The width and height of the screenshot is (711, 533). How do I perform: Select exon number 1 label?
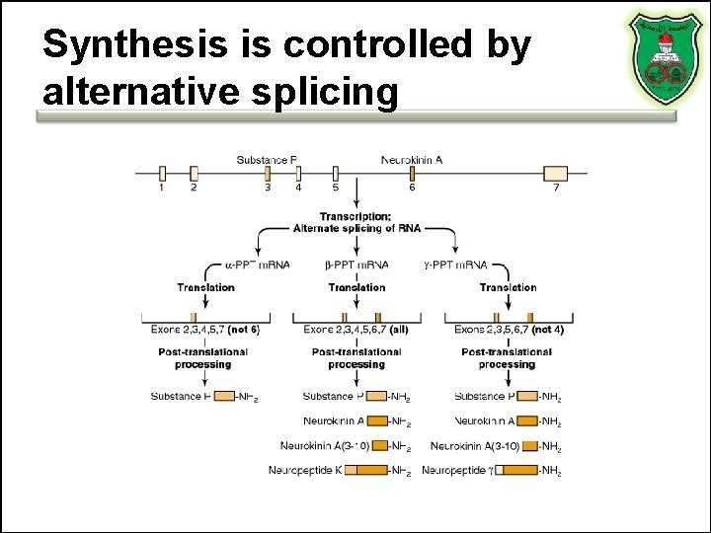(x=162, y=187)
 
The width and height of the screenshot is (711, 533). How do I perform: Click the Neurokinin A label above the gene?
(x=412, y=159)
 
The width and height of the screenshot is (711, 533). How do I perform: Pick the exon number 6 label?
(x=412, y=187)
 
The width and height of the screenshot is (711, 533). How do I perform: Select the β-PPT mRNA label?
(x=356, y=265)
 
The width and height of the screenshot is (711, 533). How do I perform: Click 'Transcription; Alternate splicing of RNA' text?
(x=356, y=222)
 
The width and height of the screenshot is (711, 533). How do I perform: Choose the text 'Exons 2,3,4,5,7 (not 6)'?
(x=205, y=329)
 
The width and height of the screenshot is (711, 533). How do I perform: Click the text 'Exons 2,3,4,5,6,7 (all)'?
(x=355, y=329)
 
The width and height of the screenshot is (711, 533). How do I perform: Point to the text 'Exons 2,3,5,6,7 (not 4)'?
(x=509, y=329)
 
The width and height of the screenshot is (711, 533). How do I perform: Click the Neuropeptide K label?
(x=305, y=470)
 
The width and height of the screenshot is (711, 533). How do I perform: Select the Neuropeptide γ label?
(x=457, y=470)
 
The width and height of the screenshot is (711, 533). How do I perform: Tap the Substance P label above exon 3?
(x=267, y=159)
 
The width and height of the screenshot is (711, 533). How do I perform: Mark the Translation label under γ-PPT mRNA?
(x=508, y=287)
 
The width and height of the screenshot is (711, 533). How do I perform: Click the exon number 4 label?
(x=298, y=187)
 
